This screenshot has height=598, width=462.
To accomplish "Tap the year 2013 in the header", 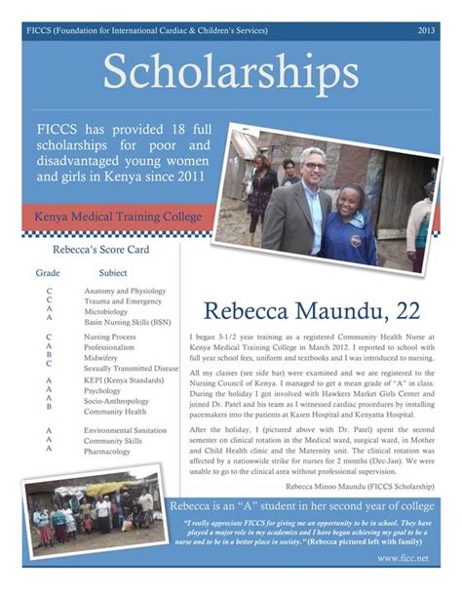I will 426,31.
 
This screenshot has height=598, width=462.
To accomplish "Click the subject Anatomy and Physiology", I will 125,292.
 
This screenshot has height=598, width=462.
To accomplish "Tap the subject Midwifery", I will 101,358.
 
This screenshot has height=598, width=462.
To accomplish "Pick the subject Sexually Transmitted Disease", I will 132,369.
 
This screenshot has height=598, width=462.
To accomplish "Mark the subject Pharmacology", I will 108,452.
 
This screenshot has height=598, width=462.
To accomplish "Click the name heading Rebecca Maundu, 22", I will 312,310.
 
